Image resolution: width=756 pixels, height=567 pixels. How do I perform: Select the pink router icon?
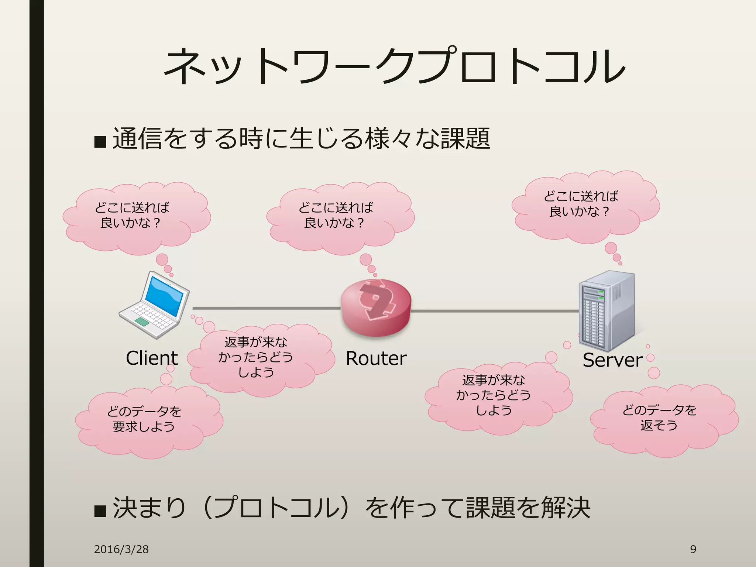[376, 307]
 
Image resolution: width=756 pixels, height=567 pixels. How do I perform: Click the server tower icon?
[606, 311]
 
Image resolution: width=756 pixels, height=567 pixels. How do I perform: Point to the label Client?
[152, 358]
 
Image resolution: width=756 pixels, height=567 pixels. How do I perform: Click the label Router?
[376, 358]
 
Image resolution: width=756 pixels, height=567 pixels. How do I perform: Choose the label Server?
[612, 360]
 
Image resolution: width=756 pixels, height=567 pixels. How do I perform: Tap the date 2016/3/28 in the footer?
[121, 549]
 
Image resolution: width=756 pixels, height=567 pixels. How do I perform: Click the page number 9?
[693, 549]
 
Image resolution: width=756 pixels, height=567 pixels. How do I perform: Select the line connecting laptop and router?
[266, 308]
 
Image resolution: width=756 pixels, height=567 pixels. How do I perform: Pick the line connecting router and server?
[495, 311]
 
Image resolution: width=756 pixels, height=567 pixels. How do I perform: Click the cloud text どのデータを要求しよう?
[144, 419]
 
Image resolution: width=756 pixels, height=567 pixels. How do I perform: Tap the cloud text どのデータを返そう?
[659, 417]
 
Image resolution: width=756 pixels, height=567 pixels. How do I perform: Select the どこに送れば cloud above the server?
[581, 204]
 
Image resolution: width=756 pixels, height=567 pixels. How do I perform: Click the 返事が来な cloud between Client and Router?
[255, 357]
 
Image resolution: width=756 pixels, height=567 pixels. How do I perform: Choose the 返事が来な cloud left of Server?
[493, 395]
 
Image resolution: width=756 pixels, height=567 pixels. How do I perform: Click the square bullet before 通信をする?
[100, 141]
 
